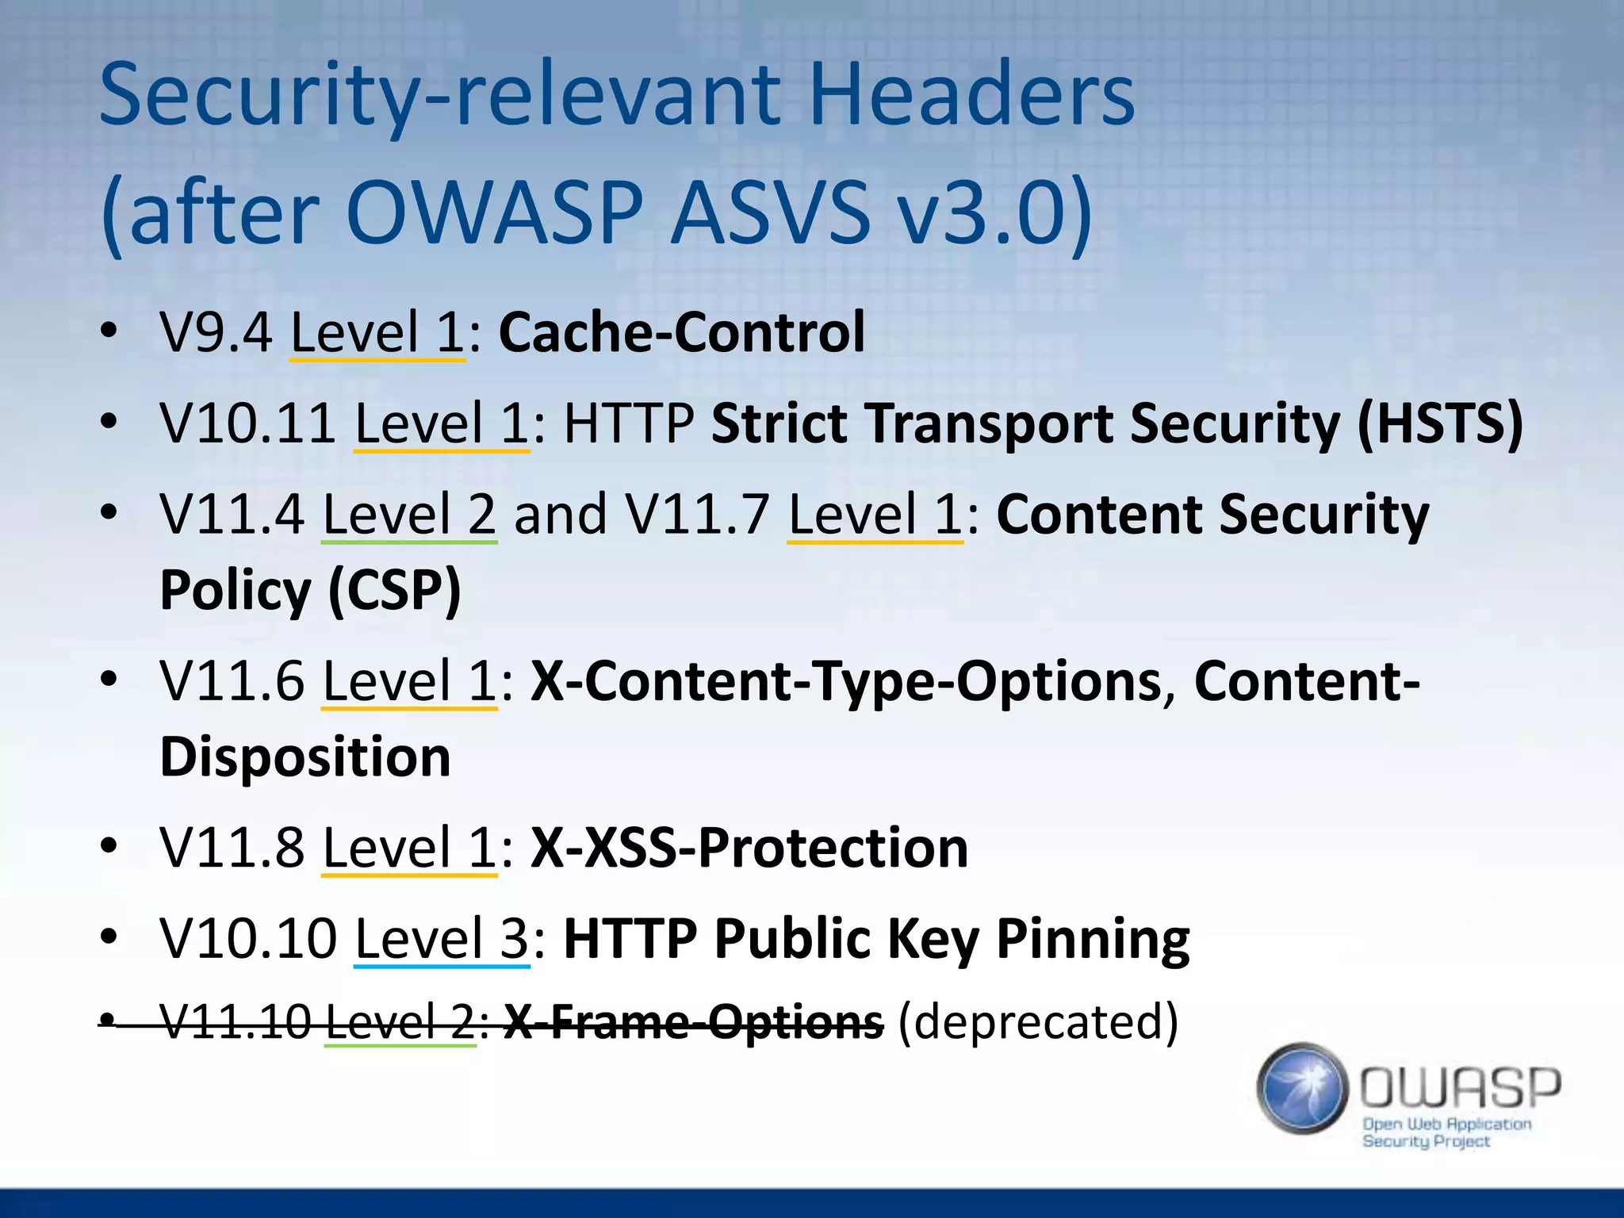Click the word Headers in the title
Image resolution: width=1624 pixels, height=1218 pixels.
pos(971,95)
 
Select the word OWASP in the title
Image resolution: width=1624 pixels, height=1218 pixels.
pos(494,213)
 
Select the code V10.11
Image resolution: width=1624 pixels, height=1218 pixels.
pos(247,423)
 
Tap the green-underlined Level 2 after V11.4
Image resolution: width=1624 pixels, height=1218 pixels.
pos(409,514)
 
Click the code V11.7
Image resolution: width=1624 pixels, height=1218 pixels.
pos(696,514)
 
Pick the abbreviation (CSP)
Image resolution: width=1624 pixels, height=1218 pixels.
pos(393,590)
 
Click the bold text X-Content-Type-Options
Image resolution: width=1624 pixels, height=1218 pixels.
pos(845,681)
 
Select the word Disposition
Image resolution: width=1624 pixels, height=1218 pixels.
pos(305,756)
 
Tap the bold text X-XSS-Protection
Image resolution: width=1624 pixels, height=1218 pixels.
pos(749,848)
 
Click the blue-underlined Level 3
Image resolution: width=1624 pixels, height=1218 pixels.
pos(441,938)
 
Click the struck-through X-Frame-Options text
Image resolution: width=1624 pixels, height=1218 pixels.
pos(693,1021)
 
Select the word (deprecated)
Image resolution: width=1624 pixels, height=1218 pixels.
pos(1037,1021)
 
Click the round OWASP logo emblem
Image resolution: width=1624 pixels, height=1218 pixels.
pos(1302,1088)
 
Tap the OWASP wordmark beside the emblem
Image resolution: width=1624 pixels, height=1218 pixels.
pos(1460,1088)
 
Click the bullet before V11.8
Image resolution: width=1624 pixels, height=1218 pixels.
pos(109,848)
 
